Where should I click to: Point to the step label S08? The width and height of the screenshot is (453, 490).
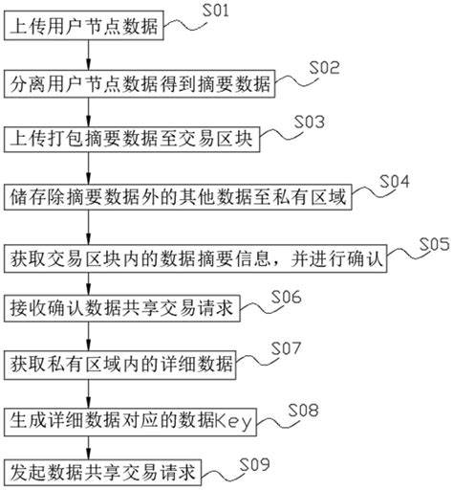pyautogui.click(x=304, y=411)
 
